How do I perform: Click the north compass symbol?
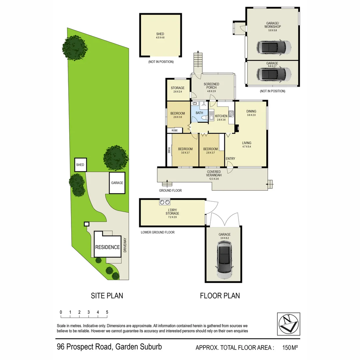tap(289, 324)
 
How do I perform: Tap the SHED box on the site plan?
tap(80, 165)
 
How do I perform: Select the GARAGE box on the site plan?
tap(117, 183)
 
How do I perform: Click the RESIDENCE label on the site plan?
tap(107, 247)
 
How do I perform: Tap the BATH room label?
tap(199, 113)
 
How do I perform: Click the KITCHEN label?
tap(221, 116)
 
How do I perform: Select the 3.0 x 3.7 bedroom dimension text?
tap(185, 153)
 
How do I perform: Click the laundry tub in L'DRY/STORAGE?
tap(165, 202)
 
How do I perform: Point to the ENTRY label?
tap(230, 159)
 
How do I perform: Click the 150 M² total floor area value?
tap(290, 348)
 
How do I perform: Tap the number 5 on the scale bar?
tap(107, 312)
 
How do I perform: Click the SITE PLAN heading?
tap(107, 296)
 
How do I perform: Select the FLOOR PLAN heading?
tap(220, 296)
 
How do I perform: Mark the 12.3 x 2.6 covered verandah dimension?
tap(213, 175)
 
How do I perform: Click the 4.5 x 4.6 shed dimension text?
tap(160, 38)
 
